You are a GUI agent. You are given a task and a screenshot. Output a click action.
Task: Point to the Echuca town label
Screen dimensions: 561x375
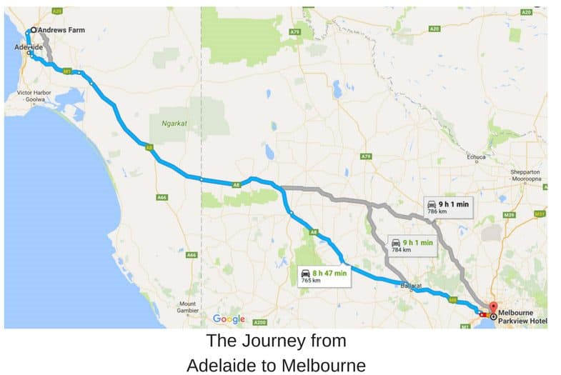coord(476,157)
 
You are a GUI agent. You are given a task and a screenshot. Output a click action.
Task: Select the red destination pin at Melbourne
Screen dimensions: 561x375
coord(493,308)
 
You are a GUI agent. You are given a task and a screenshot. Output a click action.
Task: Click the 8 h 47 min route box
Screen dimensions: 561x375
coord(324,276)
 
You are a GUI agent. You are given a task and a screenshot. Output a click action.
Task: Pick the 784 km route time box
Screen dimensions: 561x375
coord(412,246)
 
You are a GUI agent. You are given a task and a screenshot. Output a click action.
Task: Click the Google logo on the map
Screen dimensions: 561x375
coord(229,319)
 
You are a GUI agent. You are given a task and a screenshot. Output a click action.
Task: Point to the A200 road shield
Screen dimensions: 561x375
coord(260,322)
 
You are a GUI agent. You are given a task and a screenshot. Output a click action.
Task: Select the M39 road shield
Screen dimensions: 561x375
coord(510,214)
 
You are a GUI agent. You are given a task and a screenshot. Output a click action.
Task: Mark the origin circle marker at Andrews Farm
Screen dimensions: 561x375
coord(33,31)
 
